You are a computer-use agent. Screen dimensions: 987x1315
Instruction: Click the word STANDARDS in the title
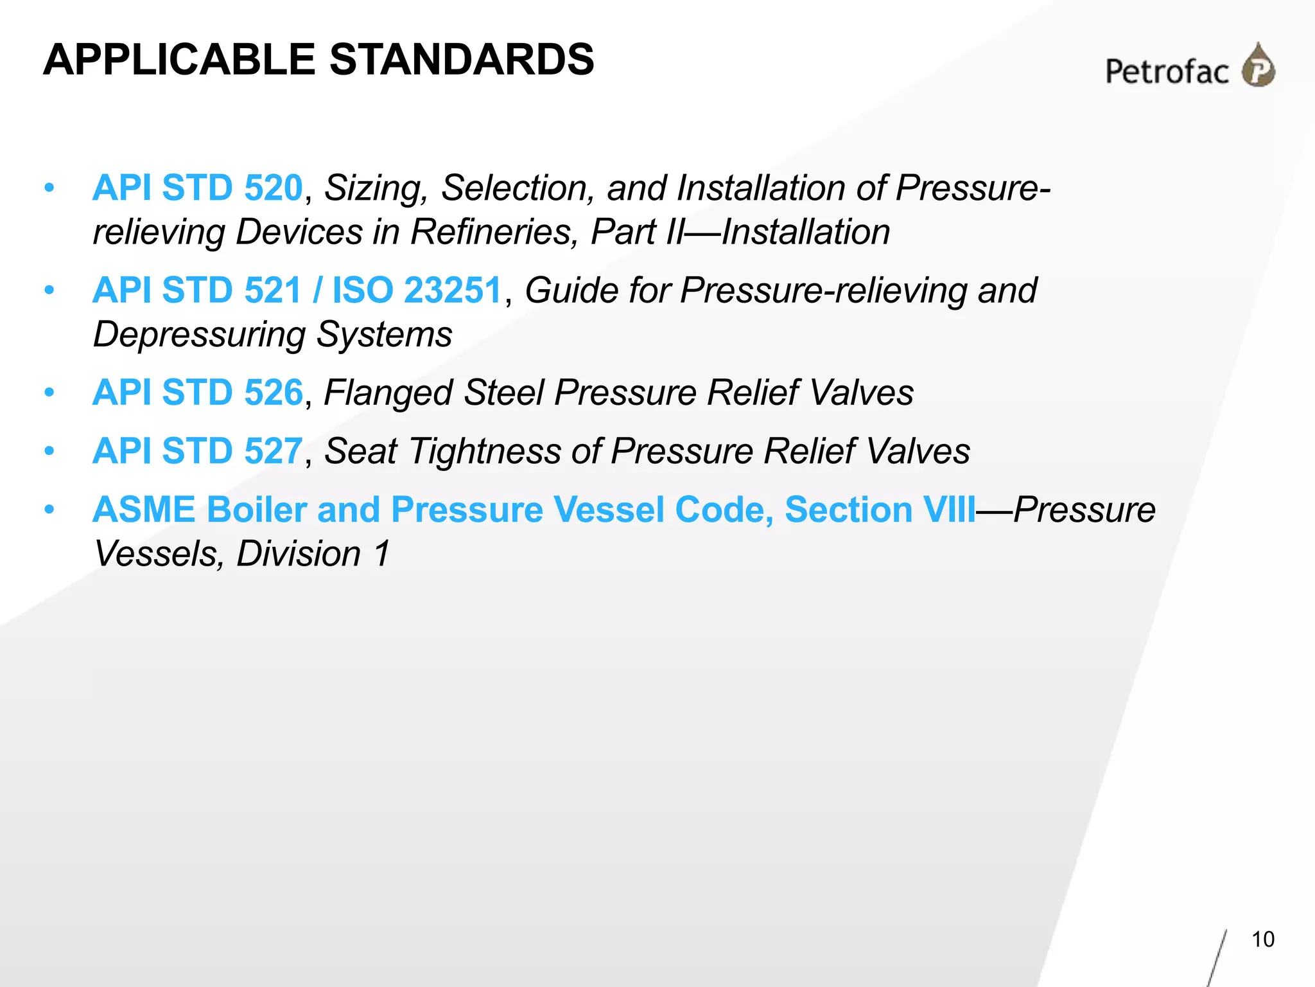462,60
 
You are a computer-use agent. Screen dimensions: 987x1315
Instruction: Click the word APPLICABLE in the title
179,60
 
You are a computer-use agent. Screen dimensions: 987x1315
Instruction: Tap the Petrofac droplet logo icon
1258,66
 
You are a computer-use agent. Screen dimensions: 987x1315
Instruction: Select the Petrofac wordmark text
1167,71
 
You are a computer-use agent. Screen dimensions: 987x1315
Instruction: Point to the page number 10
1262,939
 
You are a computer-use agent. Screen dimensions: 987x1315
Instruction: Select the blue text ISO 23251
416,290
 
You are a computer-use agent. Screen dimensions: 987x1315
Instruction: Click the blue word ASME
144,510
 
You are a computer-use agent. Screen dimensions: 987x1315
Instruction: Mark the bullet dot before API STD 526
49,393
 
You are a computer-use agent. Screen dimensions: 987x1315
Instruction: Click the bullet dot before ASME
49,510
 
